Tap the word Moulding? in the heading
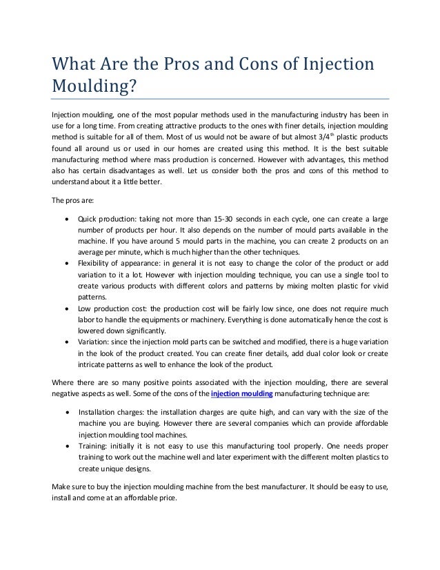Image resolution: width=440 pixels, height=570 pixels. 96,89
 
